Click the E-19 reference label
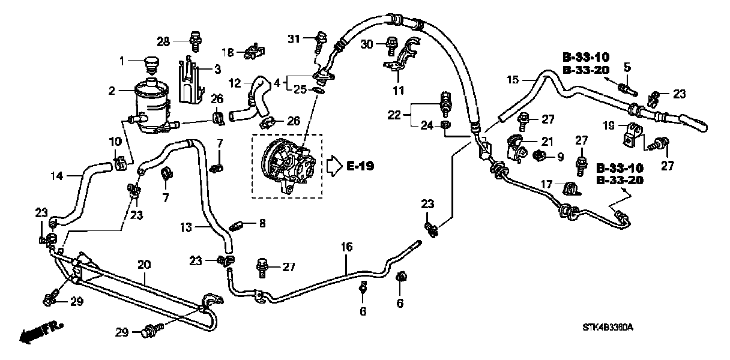pos(360,166)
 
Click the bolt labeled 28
pos(194,40)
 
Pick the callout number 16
pos(346,247)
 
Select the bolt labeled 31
pos(318,41)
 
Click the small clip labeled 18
pos(252,52)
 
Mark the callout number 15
pos(512,80)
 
